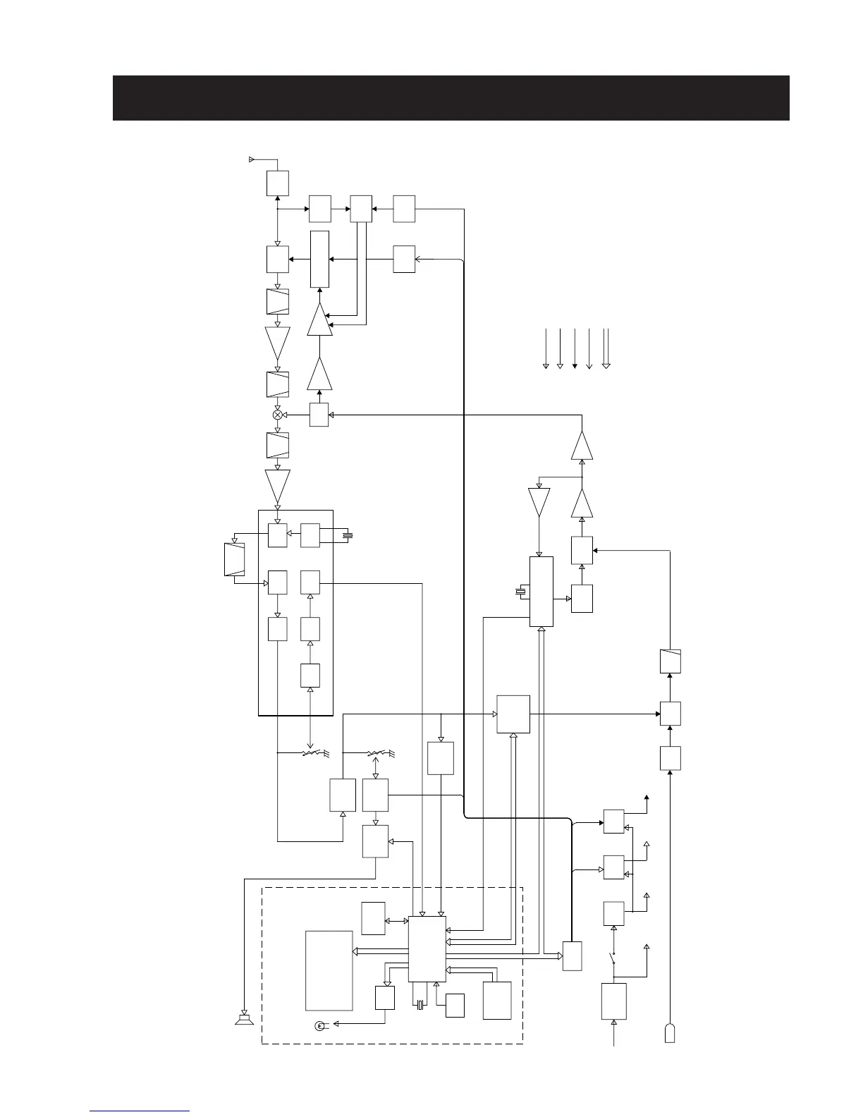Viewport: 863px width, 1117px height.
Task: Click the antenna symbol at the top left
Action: (252, 159)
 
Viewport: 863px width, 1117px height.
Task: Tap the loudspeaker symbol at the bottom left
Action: (244, 1020)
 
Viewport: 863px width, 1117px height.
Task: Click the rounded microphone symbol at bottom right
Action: (669, 1032)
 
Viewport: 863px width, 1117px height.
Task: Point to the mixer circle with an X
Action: (278, 415)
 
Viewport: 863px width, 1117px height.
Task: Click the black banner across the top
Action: (451, 98)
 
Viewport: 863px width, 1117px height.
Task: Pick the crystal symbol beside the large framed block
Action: (346, 536)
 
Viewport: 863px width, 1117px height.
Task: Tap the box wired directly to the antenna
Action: (278, 183)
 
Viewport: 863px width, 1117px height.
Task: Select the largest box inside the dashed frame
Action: (329, 970)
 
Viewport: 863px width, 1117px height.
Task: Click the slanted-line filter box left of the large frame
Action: (233, 560)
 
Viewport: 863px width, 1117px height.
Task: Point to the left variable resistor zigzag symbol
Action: (311, 753)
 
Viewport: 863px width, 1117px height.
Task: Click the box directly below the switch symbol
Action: (613, 1001)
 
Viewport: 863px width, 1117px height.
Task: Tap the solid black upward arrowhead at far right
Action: (647, 798)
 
